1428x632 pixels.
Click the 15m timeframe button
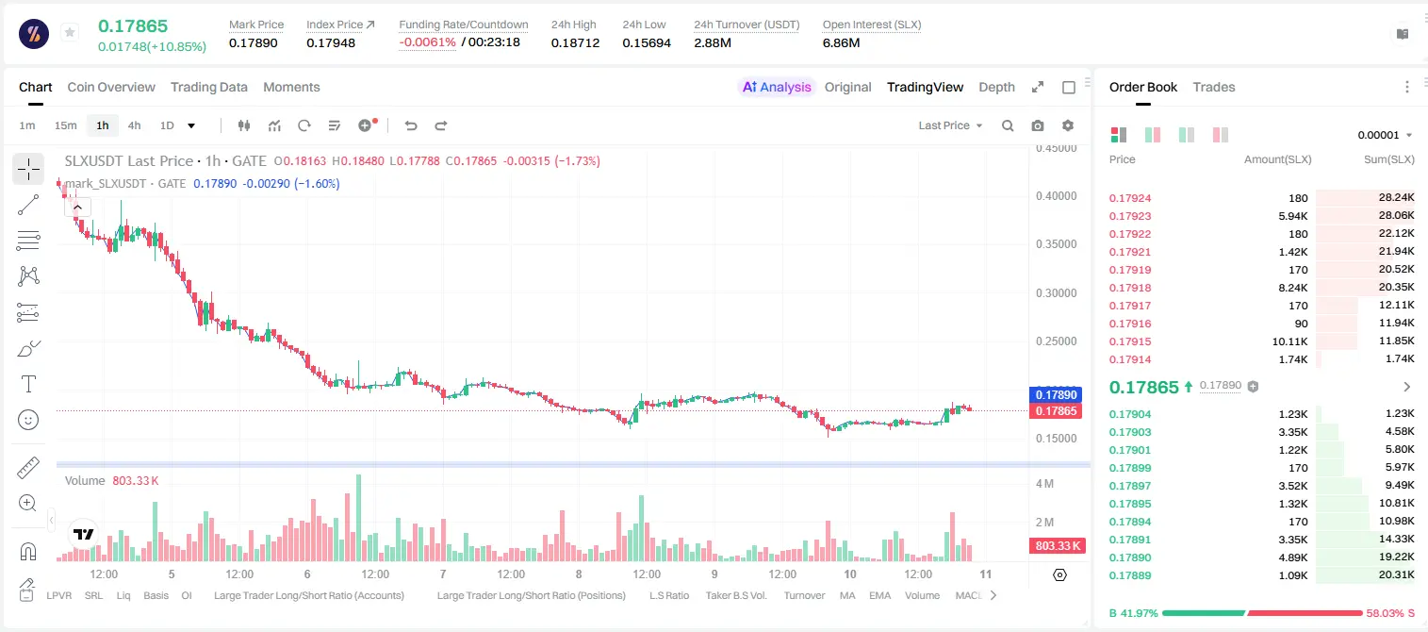[66, 125]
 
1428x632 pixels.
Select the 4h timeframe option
[134, 125]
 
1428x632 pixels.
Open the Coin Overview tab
[111, 87]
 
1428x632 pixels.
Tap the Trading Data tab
[209, 87]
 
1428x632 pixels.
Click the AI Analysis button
[777, 87]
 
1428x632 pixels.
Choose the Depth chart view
[996, 87]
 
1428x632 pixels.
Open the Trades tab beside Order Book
[1214, 87]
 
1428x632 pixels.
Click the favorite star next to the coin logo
[70, 32]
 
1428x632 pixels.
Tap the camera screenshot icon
[1038, 125]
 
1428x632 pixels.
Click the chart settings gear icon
[1068, 125]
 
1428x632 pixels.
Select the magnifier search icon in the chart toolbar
[1008, 125]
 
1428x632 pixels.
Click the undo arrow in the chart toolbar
[411, 125]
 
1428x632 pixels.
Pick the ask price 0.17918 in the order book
[1130, 288]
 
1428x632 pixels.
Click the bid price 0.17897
[1130, 486]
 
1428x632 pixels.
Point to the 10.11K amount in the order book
[1289, 341]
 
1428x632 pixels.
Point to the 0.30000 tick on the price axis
[1057, 293]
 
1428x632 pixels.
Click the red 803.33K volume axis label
[1058, 546]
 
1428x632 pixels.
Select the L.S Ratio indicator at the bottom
[669, 595]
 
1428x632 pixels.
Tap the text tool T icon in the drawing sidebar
[28, 384]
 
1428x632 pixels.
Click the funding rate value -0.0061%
[427, 42]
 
